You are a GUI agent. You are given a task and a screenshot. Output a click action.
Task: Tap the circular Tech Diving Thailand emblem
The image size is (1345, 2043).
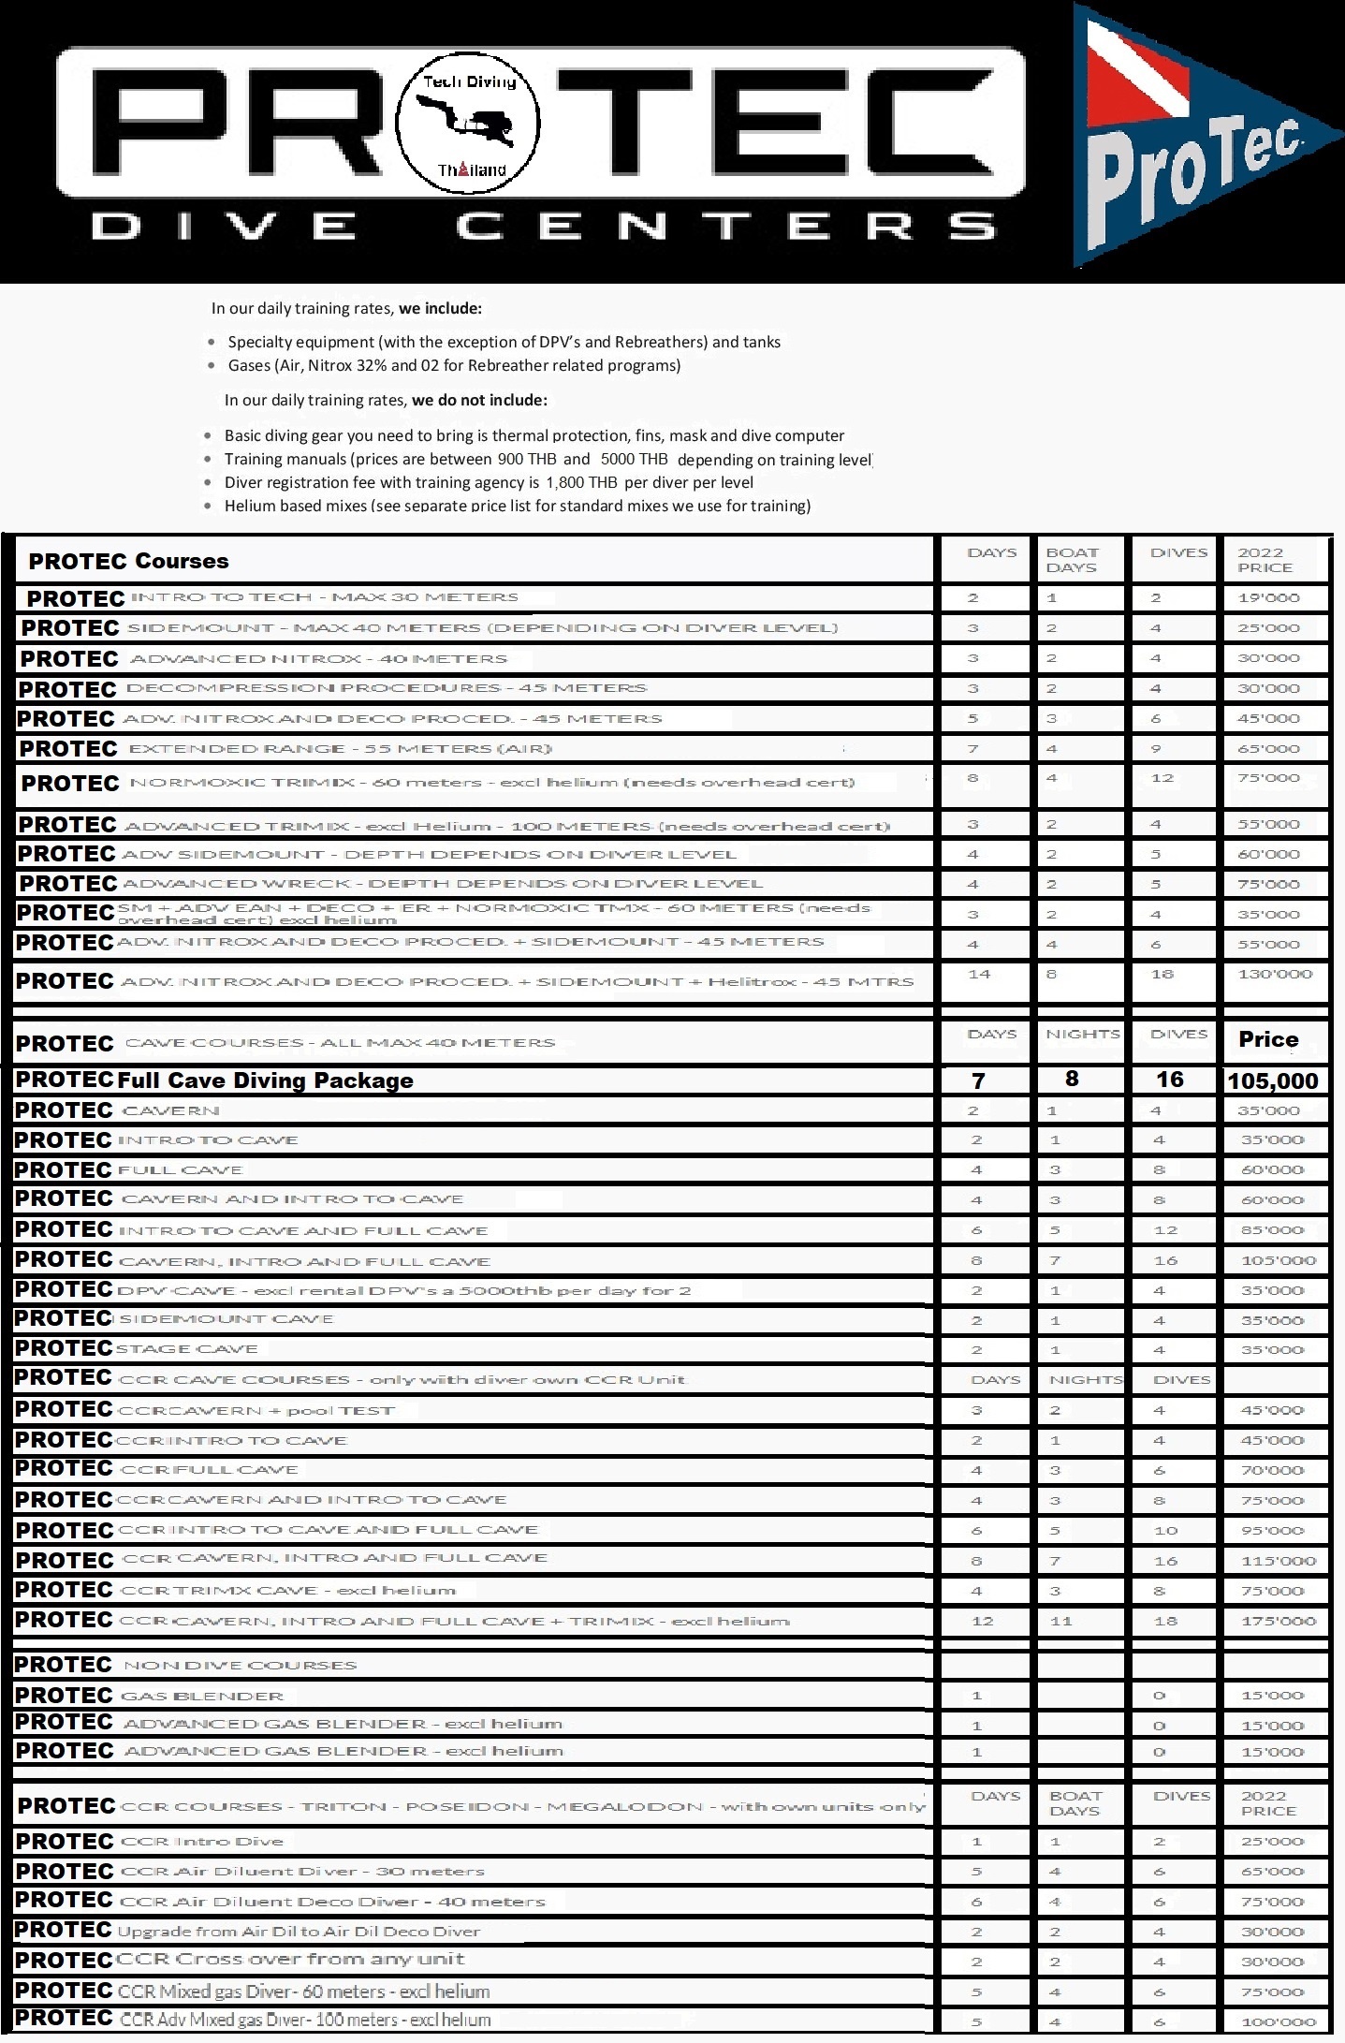click(x=468, y=125)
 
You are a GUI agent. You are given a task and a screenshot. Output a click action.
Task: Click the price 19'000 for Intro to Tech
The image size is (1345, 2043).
click(x=1268, y=597)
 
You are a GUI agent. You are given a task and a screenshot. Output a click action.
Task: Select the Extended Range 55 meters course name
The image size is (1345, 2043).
click(x=341, y=749)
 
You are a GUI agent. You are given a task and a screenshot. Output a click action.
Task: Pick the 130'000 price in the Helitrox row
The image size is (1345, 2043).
click(x=1275, y=974)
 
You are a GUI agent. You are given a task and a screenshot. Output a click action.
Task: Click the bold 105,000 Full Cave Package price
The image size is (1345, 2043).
click(x=1272, y=1081)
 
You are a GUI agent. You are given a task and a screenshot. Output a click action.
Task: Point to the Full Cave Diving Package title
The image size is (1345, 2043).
click(x=265, y=1080)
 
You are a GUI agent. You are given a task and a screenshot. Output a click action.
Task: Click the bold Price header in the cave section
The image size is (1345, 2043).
click(x=1268, y=1039)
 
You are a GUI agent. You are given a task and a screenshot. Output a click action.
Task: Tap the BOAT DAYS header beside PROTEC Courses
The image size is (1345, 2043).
click(x=1072, y=560)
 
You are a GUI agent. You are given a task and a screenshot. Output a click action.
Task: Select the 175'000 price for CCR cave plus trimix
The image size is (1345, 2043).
click(x=1279, y=1621)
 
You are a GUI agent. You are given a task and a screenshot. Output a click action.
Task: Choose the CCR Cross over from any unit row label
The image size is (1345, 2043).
click(x=291, y=1959)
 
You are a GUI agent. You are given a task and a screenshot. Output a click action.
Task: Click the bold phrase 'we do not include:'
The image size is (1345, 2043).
click(x=479, y=400)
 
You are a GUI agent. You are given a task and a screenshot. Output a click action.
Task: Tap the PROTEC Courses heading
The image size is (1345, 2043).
click(x=128, y=561)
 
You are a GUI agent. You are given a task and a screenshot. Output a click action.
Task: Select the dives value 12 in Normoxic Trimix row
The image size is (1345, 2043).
click(x=1162, y=778)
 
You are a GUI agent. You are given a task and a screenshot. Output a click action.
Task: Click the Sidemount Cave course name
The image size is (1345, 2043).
click(x=226, y=1319)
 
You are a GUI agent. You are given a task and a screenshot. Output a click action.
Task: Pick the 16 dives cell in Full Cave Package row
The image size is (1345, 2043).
click(x=1169, y=1080)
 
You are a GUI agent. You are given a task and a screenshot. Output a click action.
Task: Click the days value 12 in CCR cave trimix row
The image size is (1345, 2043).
click(x=982, y=1621)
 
